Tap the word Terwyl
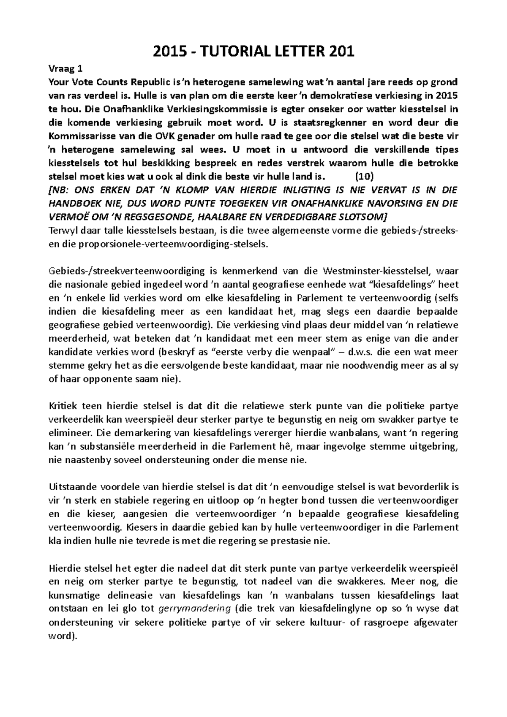coord(61,231)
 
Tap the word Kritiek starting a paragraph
coord(61,406)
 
